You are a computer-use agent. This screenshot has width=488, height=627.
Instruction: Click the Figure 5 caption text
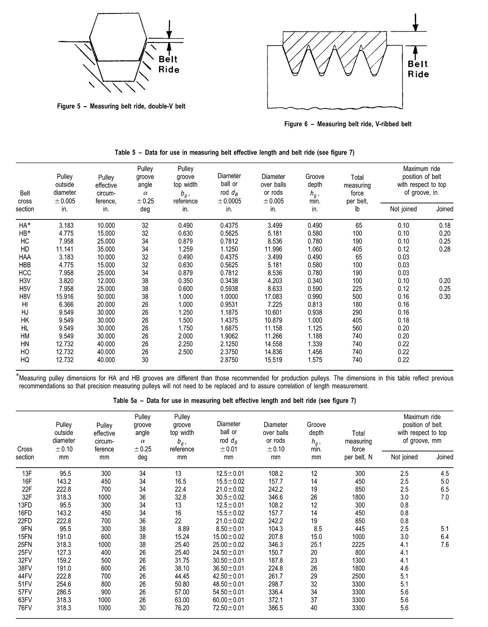(121, 106)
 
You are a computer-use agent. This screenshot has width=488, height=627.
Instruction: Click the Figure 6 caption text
(348, 124)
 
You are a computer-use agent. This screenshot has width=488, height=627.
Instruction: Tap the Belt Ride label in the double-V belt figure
(168, 64)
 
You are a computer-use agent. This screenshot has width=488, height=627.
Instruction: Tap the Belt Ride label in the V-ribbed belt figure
(418, 69)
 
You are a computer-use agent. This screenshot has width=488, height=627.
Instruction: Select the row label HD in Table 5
(25, 249)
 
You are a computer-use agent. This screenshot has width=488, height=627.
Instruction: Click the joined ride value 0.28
(445, 249)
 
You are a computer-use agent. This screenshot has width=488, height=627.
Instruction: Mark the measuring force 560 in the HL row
(357, 328)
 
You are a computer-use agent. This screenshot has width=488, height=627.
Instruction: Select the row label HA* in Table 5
(25, 225)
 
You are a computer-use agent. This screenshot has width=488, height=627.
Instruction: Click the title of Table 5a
(234, 401)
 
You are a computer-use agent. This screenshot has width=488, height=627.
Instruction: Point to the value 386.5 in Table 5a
(275, 608)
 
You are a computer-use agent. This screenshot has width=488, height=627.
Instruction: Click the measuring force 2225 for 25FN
(358, 545)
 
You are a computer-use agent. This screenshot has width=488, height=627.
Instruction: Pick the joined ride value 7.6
(445, 545)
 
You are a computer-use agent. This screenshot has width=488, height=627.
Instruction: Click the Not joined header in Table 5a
(404, 457)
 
